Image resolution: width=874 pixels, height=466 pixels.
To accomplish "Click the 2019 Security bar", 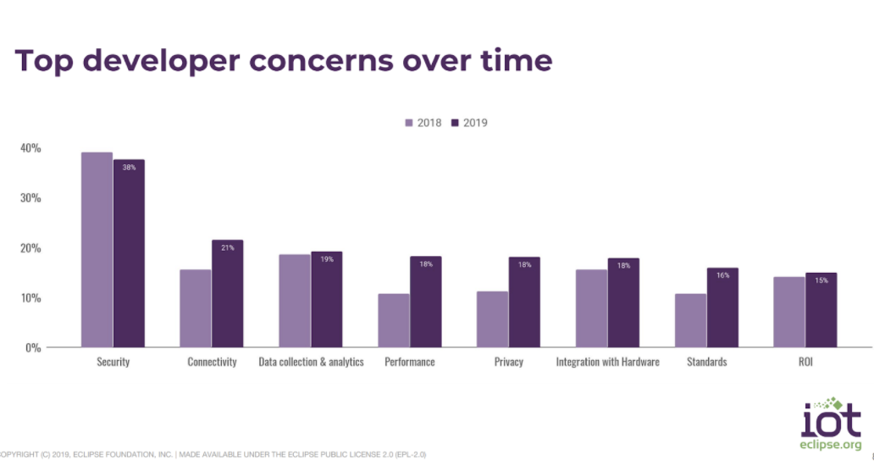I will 130,253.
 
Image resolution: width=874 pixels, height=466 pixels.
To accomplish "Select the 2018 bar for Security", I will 97,250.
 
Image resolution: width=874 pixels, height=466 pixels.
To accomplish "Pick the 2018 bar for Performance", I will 394,320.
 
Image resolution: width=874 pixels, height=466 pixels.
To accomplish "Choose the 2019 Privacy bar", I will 524,302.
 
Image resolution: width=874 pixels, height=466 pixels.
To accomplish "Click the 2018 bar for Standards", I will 690,320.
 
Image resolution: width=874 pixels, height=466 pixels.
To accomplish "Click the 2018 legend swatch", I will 409,123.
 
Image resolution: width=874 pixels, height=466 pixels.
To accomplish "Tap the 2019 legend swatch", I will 455,123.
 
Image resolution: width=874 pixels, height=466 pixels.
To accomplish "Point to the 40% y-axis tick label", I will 30,148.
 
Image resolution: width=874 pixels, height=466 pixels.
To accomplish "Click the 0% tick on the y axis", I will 34,347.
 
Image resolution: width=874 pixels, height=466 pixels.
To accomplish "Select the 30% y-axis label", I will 30,198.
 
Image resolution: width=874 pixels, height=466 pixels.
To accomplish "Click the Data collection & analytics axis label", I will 311,363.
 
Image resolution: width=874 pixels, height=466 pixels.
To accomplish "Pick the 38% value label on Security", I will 130,168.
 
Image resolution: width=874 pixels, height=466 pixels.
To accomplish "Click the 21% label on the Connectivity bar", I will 228,247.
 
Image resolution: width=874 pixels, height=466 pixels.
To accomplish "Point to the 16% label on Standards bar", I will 722,275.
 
